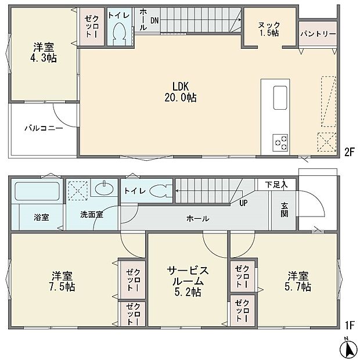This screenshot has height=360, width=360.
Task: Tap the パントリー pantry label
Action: [318, 34]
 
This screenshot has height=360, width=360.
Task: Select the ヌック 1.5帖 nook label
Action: [269, 28]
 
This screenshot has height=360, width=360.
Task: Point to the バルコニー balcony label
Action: [44, 128]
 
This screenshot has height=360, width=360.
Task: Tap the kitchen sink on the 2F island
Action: [279, 96]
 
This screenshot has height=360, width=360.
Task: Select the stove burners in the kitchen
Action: [280, 141]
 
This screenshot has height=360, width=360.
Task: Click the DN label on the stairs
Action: [154, 20]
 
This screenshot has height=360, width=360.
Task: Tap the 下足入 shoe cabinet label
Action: [276, 184]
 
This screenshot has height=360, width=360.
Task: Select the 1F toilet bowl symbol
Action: [157, 190]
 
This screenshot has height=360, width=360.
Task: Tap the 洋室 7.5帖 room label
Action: [62, 280]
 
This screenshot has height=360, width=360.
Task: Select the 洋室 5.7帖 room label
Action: [298, 280]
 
